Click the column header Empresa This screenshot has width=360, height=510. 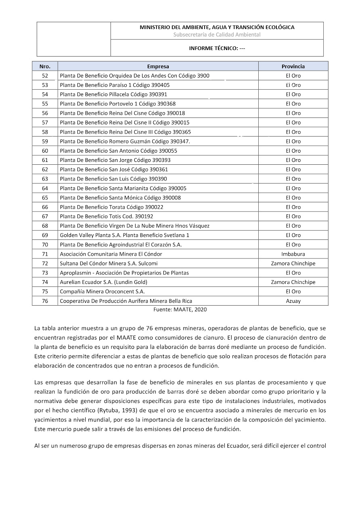(158, 66)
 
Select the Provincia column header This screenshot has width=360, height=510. (293, 66)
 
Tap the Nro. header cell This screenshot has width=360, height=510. (45, 66)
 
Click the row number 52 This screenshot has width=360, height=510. (45, 76)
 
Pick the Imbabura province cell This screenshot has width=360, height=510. (293, 254)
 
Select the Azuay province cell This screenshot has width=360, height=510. (293, 301)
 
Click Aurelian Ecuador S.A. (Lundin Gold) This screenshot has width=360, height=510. (104, 282)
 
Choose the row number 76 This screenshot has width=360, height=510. (45, 301)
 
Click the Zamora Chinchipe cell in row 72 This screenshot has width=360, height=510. (293, 263)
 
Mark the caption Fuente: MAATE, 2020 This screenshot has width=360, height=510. (180, 309)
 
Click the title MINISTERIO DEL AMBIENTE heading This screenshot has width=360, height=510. (217, 27)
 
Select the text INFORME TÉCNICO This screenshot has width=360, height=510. (217, 48)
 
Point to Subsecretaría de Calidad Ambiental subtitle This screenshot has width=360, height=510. (217, 35)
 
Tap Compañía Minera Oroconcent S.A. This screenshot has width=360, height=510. (102, 292)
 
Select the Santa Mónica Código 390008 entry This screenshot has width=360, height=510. (120, 198)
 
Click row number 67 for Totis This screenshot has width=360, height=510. (45, 216)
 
